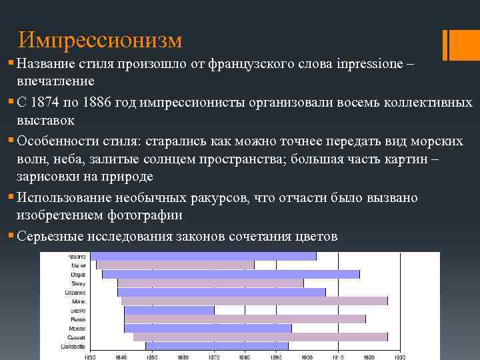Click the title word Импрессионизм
100,41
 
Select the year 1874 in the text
48,102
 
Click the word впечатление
55,81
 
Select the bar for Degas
231,274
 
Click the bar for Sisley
210,283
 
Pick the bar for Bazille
169,310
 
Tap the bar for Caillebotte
217,346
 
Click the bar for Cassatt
260,337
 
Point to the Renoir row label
77,319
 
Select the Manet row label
78,265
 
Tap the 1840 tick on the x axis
121,357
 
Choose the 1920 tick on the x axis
368,357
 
